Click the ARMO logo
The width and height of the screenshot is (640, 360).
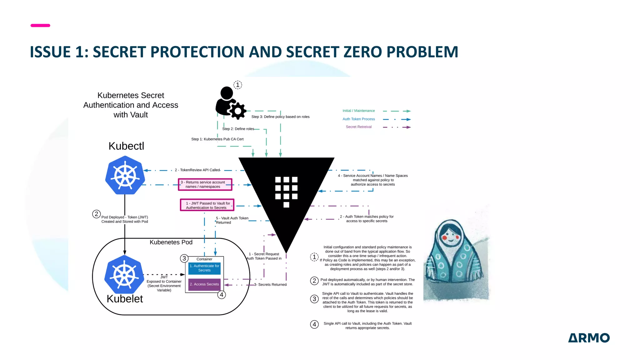[x=589, y=338]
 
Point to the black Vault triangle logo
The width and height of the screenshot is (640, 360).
[x=286, y=194]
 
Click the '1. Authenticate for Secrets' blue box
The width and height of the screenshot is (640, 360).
[x=204, y=268]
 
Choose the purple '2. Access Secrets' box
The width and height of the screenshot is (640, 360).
[x=204, y=284]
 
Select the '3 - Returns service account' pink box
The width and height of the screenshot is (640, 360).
[x=205, y=184]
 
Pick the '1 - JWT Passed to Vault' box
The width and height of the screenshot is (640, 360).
[x=207, y=205]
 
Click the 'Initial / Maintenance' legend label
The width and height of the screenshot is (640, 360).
[x=358, y=111]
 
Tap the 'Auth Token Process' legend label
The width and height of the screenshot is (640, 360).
[x=358, y=119]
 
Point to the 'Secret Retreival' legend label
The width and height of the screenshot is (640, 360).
[x=358, y=127]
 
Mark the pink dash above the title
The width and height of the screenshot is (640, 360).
[x=40, y=25]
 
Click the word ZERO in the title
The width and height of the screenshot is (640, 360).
[x=362, y=52]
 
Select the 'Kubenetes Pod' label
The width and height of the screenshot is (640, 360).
[x=171, y=242]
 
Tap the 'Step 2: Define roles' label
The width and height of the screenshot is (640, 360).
[x=238, y=129]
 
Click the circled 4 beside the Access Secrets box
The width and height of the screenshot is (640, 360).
[x=222, y=295]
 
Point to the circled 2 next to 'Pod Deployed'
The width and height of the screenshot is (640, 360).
[x=96, y=214]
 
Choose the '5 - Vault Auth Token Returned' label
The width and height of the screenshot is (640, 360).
[x=232, y=220]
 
